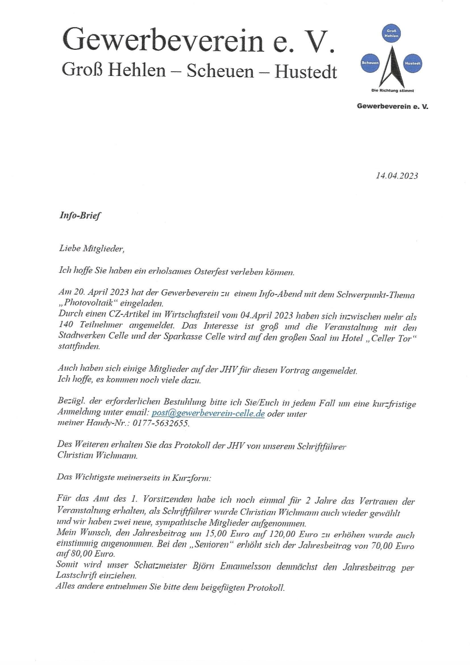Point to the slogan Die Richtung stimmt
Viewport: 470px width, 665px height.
point(392,90)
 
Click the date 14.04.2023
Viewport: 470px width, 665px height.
point(397,176)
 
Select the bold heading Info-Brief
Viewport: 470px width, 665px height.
point(80,216)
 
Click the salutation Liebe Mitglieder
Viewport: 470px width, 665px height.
point(91,249)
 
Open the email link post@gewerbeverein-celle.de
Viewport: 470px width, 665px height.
point(208,413)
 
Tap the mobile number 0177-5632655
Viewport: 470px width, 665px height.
point(161,424)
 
